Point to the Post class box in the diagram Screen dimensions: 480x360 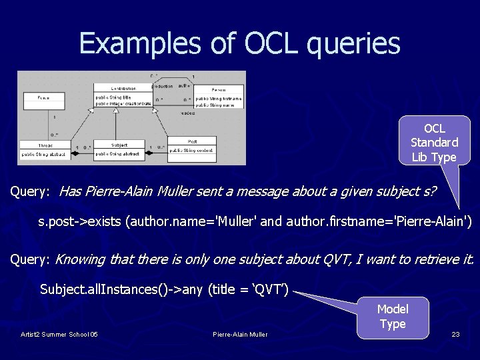[192, 145]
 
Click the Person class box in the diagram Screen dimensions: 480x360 [217, 97]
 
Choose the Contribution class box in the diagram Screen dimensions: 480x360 [123, 95]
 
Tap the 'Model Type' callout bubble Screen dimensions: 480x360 [392, 316]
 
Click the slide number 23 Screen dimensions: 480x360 [455, 334]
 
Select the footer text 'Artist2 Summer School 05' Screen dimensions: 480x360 [59, 334]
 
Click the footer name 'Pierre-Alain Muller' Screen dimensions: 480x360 [240, 334]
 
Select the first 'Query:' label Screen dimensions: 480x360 [30, 192]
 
